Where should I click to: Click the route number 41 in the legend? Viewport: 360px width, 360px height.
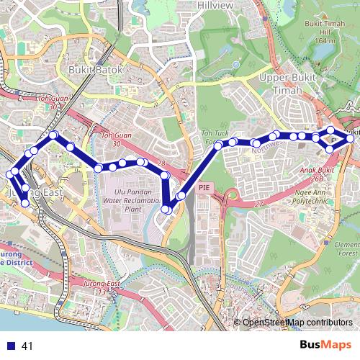(28, 346)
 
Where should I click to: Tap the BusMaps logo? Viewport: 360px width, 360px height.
(325, 346)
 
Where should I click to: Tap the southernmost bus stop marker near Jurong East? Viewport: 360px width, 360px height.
(25, 203)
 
